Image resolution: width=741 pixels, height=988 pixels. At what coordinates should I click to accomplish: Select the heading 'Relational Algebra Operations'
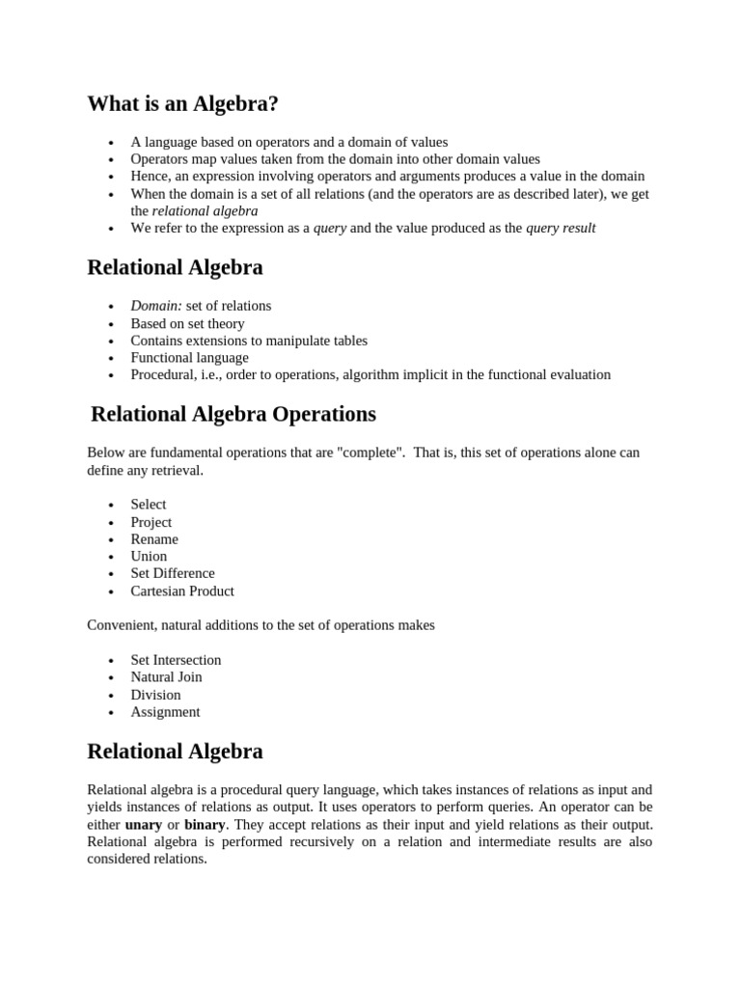[233, 414]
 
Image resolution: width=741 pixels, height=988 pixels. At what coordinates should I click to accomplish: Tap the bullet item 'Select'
[149, 505]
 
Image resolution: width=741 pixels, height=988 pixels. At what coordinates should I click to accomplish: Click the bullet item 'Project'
[151, 522]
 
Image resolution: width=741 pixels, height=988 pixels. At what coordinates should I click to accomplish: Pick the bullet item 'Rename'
[154, 539]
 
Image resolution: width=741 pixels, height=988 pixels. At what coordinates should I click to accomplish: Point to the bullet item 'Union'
[149, 557]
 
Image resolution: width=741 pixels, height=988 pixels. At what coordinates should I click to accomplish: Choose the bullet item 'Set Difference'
[173, 574]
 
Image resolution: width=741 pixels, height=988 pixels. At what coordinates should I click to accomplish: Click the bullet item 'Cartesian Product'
[182, 591]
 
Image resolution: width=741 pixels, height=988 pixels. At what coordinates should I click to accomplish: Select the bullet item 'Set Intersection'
[176, 660]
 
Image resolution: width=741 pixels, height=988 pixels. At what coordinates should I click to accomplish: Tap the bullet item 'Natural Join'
[166, 677]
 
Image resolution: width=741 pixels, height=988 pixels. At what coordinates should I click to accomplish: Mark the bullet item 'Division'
[155, 695]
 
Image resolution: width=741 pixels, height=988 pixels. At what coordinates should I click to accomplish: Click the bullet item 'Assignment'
[165, 712]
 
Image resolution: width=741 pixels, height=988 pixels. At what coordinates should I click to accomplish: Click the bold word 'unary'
[144, 825]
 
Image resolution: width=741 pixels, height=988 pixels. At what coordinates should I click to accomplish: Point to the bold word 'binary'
[205, 825]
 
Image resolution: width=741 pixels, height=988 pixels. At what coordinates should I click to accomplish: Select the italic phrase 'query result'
[561, 228]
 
